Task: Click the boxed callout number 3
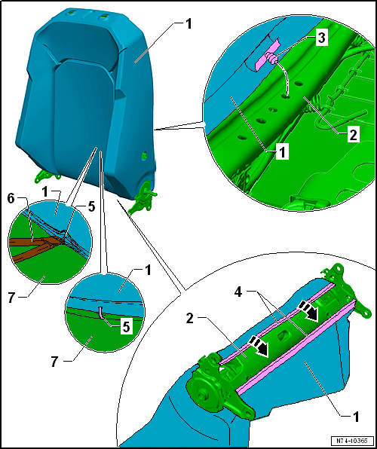(x=321, y=38)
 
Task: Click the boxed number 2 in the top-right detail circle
(x=352, y=135)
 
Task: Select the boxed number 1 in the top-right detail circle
(x=283, y=152)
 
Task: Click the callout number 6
(x=11, y=199)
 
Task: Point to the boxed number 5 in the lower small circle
(x=126, y=327)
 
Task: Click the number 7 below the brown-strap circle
(x=11, y=298)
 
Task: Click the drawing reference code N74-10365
(x=352, y=440)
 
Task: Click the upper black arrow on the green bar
(x=309, y=313)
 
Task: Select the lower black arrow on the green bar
(x=260, y=347)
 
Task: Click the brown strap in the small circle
(x=36, y=246)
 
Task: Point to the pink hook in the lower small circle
(x=101, y=312)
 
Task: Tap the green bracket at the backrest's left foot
(x=47, y=176)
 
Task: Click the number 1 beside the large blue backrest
(x=188, y=25)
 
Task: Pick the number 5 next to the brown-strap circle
(x=91, y=208)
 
